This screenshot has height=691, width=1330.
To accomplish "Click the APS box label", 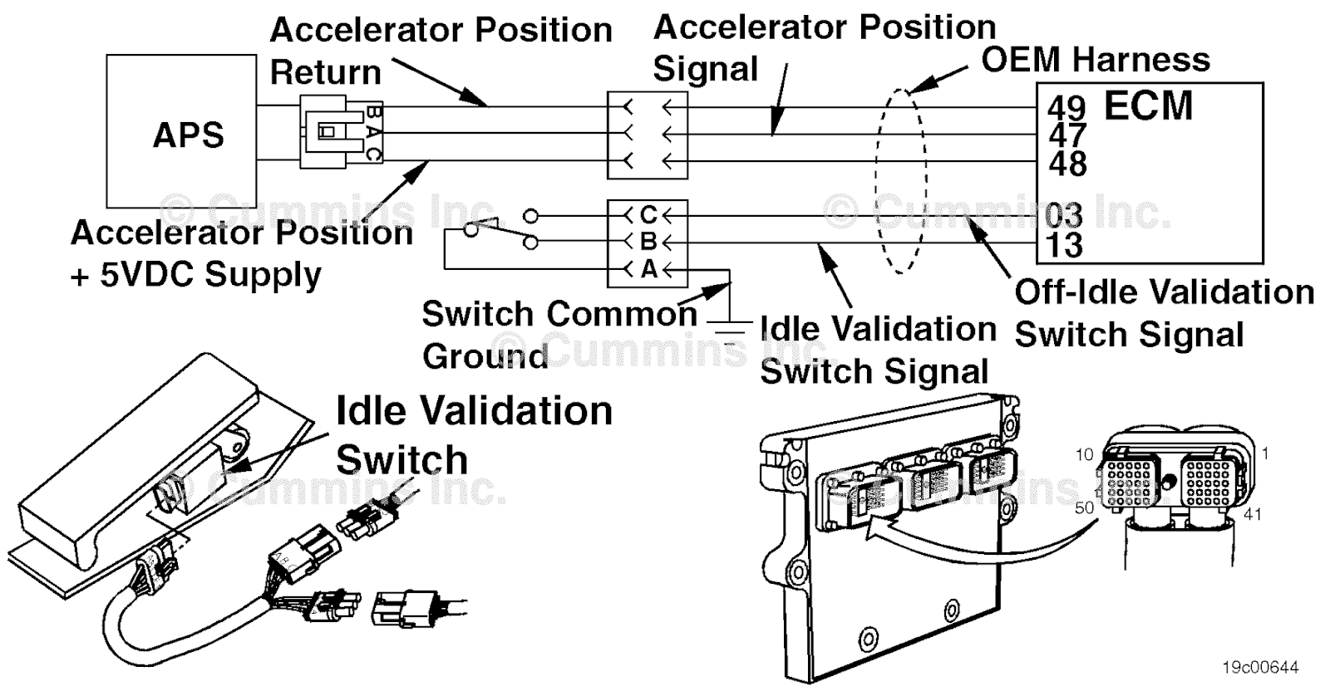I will [189, 135].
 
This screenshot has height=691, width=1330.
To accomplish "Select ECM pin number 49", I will [1066, 107].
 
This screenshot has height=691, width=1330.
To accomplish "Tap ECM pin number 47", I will [1067, 135].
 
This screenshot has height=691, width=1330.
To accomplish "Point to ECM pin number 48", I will [1067, 164].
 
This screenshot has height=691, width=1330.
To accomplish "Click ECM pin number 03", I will [1064, 216].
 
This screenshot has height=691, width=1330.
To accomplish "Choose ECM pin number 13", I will [1064, 245].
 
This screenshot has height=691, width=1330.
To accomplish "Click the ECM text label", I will [1148, 105].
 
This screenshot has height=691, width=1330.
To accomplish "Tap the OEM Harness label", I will [1096, 60].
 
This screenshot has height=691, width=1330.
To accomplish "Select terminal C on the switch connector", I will [648, 215].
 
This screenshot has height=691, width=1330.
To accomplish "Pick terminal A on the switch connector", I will [648, 269].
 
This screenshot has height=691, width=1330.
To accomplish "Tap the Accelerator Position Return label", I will [441, 51].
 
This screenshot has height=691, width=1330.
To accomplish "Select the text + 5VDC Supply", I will [196, 275].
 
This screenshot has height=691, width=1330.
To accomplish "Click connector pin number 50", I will [1084, 507].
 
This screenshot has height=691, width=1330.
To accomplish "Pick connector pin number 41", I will [1253, 514].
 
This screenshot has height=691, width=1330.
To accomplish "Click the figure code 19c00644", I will [1259, 667].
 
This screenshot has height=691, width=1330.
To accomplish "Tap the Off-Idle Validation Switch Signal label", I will [1164, 313].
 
